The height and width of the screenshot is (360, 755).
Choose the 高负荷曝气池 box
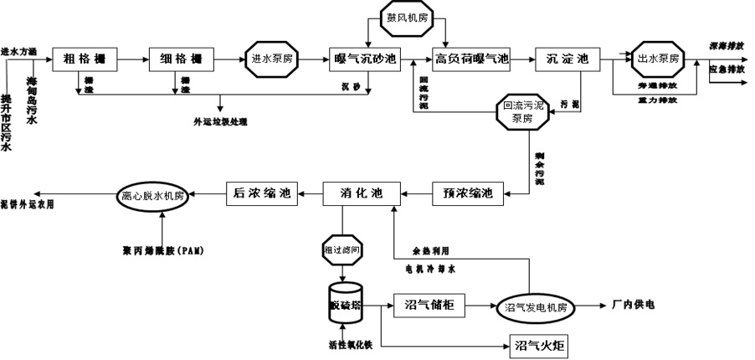(471, 59)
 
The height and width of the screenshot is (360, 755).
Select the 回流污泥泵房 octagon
(522, 112)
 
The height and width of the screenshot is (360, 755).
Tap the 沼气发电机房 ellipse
(536, 308)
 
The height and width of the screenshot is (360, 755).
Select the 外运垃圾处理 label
(220, 121)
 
